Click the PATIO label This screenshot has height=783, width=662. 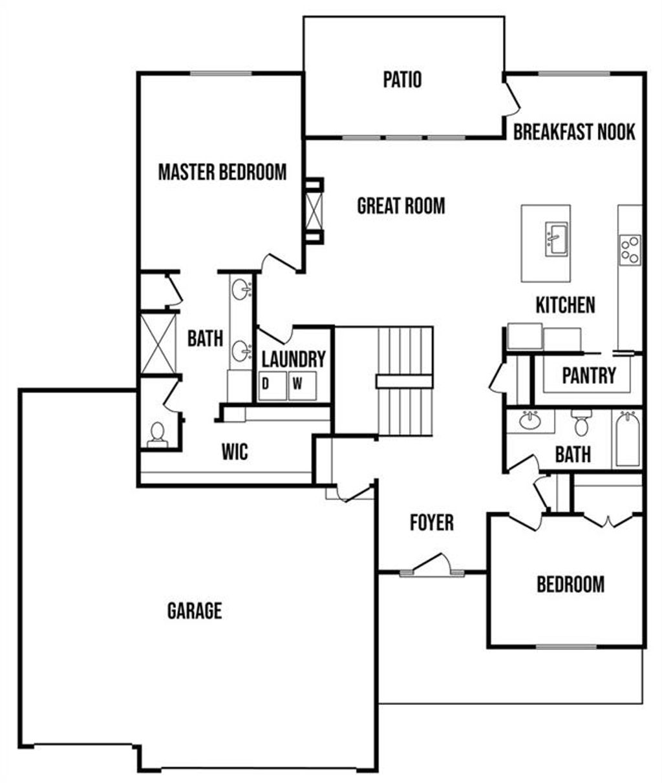click(402, 79)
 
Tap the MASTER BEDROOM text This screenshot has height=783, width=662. click(222, 172)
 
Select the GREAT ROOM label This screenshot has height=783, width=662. click(401, 206)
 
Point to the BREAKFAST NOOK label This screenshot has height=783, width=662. click(574, 132)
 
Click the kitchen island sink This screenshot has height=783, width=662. click(556, 239)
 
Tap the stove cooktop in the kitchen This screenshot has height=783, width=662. click(630, 249)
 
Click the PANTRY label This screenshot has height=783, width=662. click(588, 375)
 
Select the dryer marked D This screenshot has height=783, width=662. click(271, 386)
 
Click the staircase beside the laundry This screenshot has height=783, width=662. click(404, 381)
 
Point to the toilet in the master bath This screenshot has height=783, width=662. click(157, 434)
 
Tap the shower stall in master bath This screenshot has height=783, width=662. click(158, 342)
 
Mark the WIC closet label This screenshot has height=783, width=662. click(235, 452)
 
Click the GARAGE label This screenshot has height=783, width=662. click(195, 611)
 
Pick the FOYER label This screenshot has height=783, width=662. click(432, 523)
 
